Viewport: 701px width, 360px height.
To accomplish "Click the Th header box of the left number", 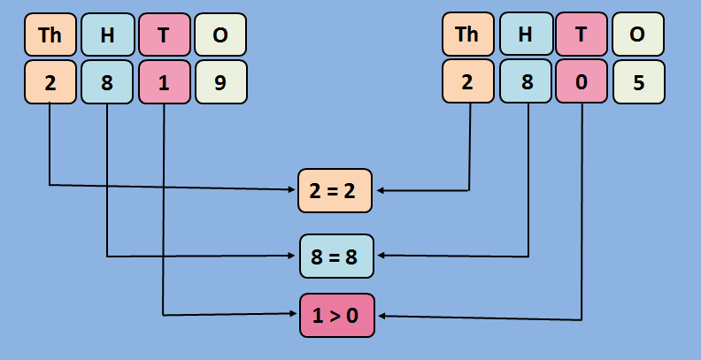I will coord(50,34).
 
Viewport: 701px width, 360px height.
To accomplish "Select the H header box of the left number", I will coord(108,34).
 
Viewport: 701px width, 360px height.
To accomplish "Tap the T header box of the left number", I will coord(165,34).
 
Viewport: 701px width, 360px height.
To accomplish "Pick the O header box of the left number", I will coord(220,34).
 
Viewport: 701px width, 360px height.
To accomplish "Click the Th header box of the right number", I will coord(468,34).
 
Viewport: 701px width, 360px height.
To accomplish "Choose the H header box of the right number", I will coord(526,34).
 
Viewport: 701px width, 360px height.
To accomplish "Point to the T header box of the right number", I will coord(582,34).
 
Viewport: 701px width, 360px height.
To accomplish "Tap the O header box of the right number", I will coord(637,34).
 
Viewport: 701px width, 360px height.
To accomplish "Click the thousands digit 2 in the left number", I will coord(50,81).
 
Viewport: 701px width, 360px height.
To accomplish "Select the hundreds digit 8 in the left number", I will coord(108,81).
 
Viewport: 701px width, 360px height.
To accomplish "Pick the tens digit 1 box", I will coord(165,81).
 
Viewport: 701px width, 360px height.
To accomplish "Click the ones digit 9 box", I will coord(220,81).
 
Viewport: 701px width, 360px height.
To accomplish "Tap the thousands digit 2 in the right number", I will coord(468,81).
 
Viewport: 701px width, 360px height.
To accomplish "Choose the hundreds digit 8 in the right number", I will coord(526,81).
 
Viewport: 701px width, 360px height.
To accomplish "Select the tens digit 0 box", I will coord(582,81).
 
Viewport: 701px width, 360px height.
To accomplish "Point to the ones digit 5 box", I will coord(637,81).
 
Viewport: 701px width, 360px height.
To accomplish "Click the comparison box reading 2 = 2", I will coord(336,189).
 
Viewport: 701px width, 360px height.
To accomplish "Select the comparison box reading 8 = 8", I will coord(336,257).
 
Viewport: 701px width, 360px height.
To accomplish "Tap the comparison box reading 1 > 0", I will coord(336,315).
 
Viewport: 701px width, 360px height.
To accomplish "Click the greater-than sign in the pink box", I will coord(336,316).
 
